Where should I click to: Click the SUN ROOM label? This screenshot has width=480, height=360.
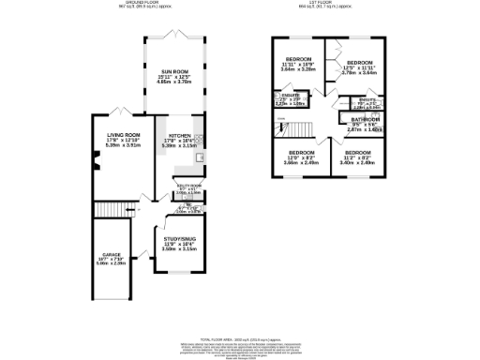tap(172, 72)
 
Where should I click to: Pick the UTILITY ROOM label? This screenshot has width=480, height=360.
tap(187, 186)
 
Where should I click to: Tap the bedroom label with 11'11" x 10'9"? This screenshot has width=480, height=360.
tap(302, 59)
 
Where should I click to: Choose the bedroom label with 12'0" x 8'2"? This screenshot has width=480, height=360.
tap(302, 152)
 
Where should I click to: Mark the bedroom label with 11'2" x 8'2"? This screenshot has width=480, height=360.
tap(358, 152)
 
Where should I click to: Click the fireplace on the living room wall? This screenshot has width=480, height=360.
tap(95, 168)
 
